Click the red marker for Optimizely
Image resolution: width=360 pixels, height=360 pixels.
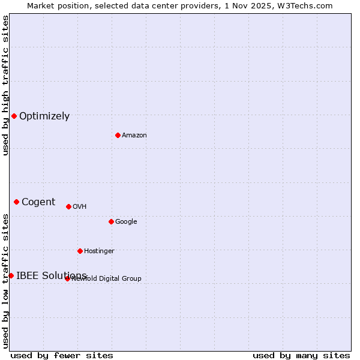[x=14, y=116]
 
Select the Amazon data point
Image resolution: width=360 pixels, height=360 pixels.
[x=118, y=135]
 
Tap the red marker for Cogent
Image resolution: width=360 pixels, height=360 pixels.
[x=16, y=202]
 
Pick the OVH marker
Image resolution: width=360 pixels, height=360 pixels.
[x=68, y=206]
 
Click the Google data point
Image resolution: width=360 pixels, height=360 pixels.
[x=111, y=221]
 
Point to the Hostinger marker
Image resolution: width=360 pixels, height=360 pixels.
[x=80, y=251]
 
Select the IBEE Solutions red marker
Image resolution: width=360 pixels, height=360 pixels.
[x=11, y=275]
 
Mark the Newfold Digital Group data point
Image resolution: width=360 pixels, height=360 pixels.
[x=67, y=278]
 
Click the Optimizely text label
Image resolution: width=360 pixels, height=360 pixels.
[x=44, y=116]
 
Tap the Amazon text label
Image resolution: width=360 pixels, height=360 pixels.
[x=134, y=136]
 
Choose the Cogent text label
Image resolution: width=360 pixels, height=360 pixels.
[x=38, y=202]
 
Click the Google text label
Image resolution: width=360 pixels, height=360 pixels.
[x=126, y=222]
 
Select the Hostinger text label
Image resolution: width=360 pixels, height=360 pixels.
[x=99, y=251]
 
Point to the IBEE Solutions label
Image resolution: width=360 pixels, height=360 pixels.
[x=52, y=276]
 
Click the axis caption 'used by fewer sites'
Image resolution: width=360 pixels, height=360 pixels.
[x=62, y=356]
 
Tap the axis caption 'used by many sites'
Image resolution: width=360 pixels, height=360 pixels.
[x=301, y=356]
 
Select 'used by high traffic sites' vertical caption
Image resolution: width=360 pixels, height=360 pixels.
[x=5, y=85]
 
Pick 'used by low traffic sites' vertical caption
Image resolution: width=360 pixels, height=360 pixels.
[x=5, y=281]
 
